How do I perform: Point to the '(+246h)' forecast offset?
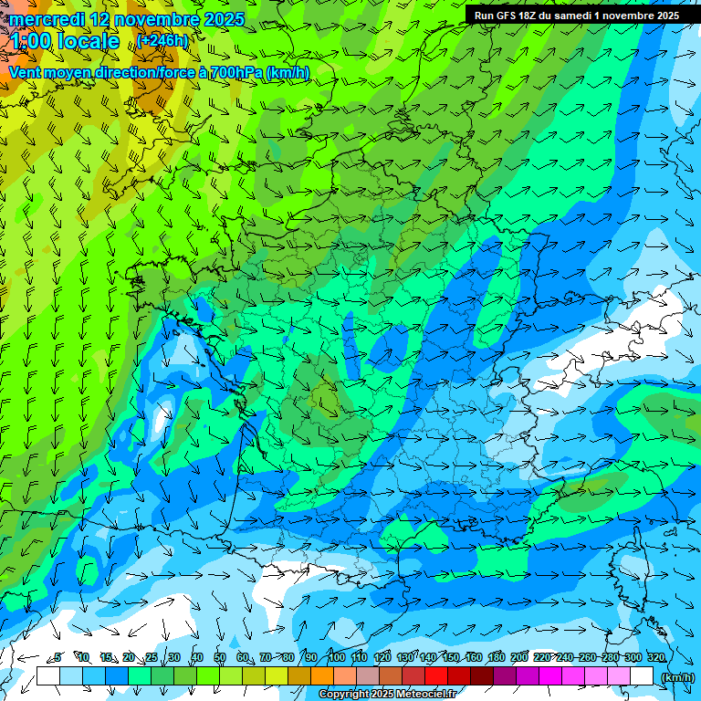164,40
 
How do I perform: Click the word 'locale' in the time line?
88,41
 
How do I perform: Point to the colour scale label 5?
58,657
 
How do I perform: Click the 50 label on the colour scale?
220,657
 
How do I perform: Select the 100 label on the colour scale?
336,657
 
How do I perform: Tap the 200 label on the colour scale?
519,657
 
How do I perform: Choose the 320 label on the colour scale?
656,657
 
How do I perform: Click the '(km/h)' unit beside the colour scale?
677,676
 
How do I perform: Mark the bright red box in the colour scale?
436,676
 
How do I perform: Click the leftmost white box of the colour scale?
47,676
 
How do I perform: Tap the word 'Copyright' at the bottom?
343,695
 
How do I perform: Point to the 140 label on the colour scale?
427,657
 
